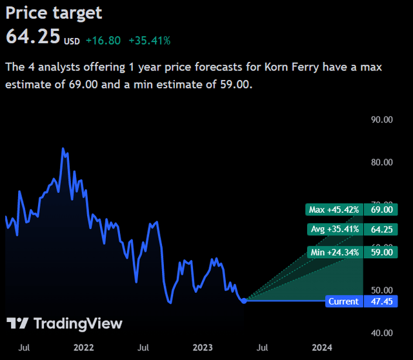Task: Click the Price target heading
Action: click(x=54, y=12)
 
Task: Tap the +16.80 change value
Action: click(x=103, y=41)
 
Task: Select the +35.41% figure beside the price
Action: click(x=149, y=41)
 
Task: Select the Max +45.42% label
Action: click(x=333, y=210)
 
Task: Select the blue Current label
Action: click(x=343, y=301)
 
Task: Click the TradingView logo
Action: click(x=64, y=324)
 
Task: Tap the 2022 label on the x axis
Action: click(x=84, y=348)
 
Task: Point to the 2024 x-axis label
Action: click(x=322, y=348)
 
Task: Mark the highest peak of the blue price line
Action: click(x=63, y=148)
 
